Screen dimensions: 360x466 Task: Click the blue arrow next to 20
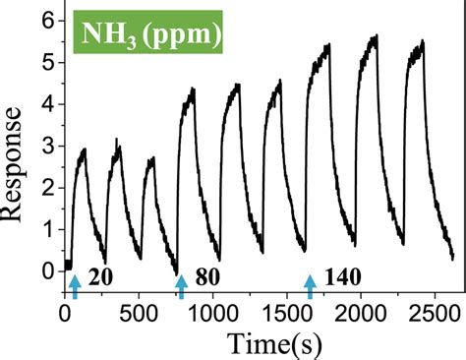click(74, 285)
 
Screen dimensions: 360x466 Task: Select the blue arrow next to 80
click(181, 285)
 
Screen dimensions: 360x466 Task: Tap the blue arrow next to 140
click(310, 285)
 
